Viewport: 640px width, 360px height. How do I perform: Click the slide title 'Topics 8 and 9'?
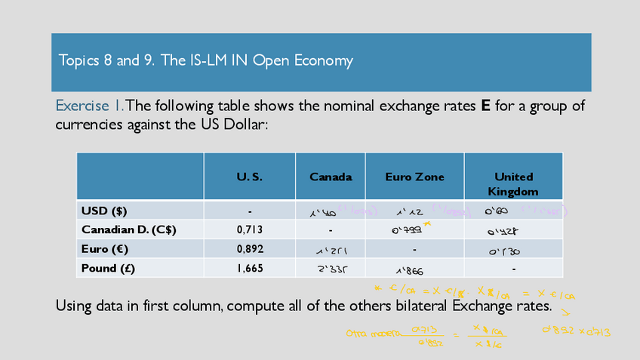[x=206, y=60]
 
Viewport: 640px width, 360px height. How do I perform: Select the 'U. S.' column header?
[x=249, y=177]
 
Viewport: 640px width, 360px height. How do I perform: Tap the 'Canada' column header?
[x=331, y=177]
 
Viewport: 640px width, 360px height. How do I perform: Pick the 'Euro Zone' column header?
[x=414, y=177]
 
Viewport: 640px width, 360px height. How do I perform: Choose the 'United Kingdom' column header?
[x=513, y=184]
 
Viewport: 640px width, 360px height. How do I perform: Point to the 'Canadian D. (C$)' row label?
[x=128, y=229]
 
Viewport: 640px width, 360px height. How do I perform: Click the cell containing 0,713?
[x=249, y=229]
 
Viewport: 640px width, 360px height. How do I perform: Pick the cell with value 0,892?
[x=249, y=248]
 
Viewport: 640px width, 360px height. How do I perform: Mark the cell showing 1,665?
[x=249, y=268]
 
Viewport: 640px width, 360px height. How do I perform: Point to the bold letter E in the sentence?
[x=486, y=106]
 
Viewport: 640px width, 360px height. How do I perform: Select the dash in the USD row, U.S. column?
[x=249, y=211]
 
